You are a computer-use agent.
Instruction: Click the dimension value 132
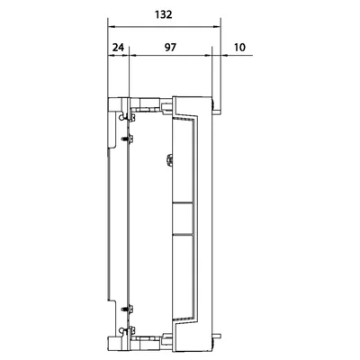coord(164,14)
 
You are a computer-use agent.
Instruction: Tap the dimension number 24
coord(118,48)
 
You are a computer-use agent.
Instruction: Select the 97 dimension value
coord(170,48)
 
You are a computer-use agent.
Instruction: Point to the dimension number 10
coord(239,48)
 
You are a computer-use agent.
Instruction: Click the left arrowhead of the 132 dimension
coord(111,27)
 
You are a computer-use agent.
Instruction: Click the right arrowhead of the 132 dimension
coord(217,27)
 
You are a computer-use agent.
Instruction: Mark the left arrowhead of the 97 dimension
coord(132,55)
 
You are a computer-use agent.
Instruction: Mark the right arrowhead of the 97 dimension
coord(208,55)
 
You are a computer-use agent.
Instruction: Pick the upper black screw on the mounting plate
coord(127,139)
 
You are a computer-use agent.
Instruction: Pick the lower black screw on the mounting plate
coord(127,309)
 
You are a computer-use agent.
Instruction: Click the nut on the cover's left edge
coord(170,159)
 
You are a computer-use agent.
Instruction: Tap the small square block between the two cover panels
coord(183,218)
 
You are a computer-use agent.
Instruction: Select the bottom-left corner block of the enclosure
coord(115,344)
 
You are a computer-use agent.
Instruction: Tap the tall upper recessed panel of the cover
coord(183,159)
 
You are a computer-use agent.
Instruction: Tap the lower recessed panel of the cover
coord(183,275)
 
